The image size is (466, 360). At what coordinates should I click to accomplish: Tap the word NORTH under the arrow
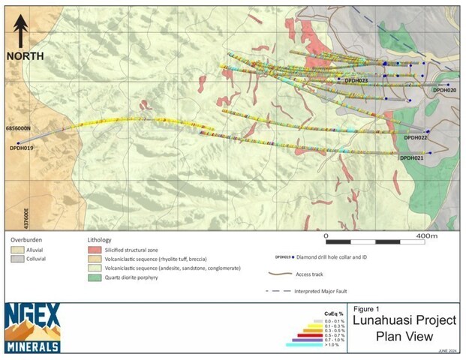pos(25,56)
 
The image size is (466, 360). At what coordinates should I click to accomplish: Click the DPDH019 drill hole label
pos(22,148)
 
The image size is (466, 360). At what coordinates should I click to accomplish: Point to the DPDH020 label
pos(444,91)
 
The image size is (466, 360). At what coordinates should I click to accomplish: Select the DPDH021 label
pos(412,157)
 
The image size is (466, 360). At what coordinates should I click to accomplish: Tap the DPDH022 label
pos(415,138)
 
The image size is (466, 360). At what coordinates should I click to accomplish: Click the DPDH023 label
pos(352,80)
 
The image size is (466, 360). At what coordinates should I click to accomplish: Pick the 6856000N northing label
pos(20,129)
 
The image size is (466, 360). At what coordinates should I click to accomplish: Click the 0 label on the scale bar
pos(326,235)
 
